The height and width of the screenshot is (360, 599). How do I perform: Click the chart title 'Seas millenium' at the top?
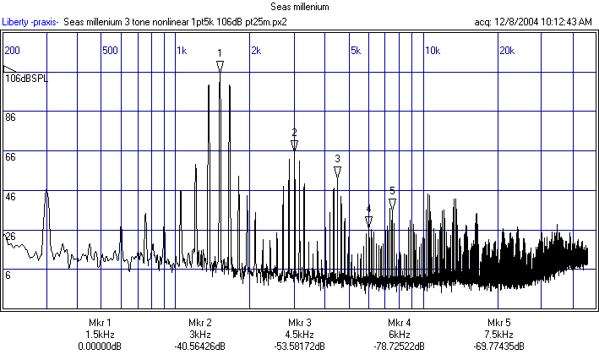[299, 7]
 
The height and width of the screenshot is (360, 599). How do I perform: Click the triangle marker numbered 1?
[220, 66]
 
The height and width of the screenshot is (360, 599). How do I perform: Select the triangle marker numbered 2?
[294, 145]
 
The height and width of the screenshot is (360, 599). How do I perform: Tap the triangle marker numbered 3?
[337, 172]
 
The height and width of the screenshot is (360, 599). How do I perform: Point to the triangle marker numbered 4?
[368, 221]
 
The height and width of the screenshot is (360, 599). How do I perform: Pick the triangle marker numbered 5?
[392, 204]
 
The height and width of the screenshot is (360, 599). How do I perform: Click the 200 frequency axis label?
[13, 50]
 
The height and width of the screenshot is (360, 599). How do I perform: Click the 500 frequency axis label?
[110, 50]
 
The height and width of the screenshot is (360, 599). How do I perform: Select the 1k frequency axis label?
[181, 50]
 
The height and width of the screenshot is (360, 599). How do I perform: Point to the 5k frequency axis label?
[355, 50]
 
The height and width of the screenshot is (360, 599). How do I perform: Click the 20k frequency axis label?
[507, 50]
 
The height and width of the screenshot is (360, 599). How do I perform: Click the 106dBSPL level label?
[28, 78]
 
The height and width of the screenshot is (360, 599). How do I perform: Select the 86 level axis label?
[11, 117]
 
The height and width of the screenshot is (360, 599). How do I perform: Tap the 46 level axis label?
[11, 196]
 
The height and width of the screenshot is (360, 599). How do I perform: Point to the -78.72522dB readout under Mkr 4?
[400, 346]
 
